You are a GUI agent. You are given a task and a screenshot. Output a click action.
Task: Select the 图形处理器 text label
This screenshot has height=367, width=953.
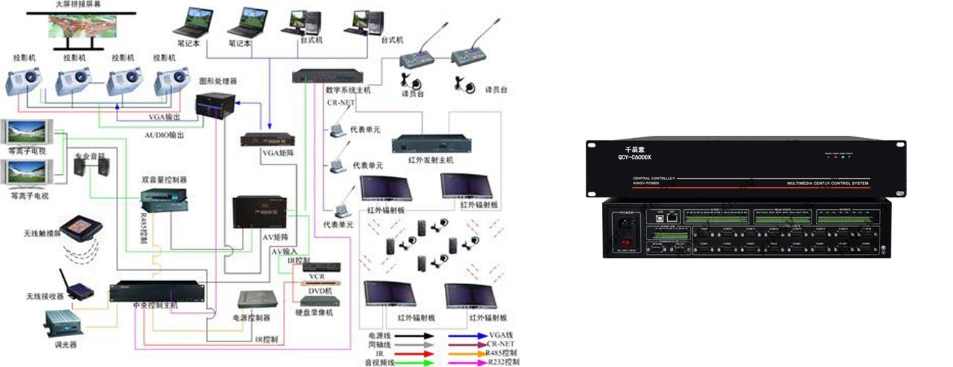(x=218, y=81)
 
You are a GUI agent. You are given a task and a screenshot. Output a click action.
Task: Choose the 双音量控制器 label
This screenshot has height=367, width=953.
(x=164, y=180)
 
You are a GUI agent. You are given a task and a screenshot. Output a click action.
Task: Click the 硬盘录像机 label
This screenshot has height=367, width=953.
(x=316, y=313)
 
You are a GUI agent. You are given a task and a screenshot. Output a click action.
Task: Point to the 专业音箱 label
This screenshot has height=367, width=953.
(x=89, y=156)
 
